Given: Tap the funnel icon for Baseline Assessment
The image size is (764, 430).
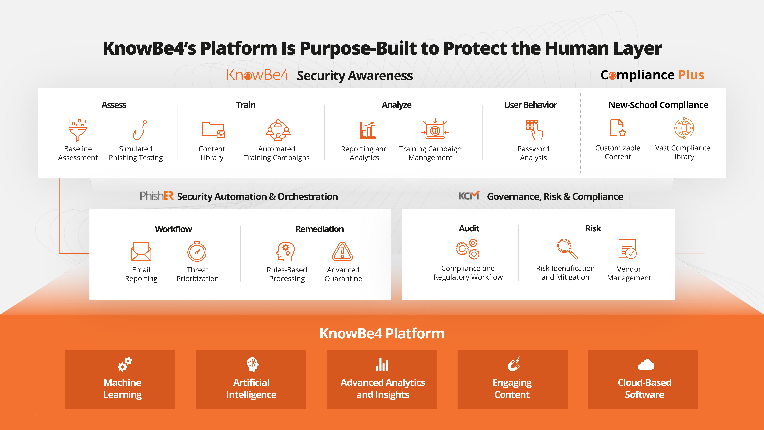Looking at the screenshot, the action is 77,130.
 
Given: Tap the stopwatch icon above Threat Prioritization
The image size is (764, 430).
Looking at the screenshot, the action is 197,251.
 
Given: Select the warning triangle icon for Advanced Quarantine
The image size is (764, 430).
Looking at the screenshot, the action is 342,252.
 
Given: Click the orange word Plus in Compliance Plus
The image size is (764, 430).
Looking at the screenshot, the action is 691,75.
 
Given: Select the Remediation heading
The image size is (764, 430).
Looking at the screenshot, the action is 319,229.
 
